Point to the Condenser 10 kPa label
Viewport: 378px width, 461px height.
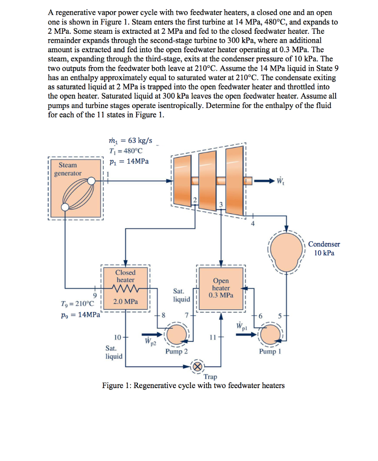coord(324,248)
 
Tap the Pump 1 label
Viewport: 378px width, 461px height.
coord(270,352)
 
